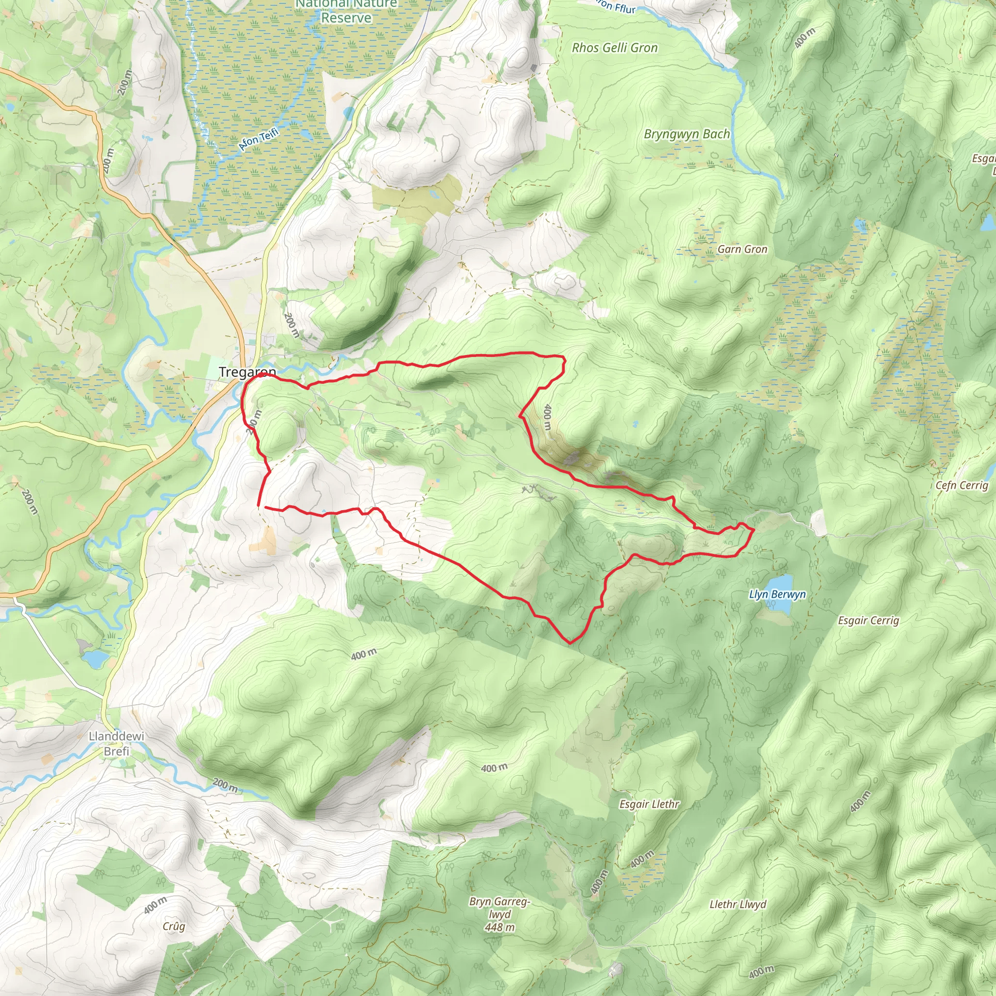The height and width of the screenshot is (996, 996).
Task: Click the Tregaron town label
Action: point(248,372)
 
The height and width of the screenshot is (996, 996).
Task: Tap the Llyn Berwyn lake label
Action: point(777,594)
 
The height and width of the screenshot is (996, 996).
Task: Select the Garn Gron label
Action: point(742,249)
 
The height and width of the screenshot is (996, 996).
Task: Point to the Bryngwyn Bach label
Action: point(687,134)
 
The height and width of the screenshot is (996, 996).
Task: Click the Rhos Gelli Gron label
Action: point(615,48)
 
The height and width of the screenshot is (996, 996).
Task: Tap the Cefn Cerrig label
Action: point(962,485)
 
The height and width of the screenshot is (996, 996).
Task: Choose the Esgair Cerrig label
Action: point(869,620)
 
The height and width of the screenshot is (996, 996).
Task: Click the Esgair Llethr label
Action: point(650,804)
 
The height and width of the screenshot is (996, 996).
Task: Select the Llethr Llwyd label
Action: point(738,904)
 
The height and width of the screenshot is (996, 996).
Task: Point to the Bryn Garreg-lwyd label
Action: point(499,908)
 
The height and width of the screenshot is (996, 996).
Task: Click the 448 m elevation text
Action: point(499,927)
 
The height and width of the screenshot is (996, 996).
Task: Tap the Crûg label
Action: point(174,926)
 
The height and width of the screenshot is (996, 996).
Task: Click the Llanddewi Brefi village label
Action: point(116,744)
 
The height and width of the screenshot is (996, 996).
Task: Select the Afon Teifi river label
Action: point(258,139)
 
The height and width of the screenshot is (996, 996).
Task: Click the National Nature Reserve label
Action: point(346,11)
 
